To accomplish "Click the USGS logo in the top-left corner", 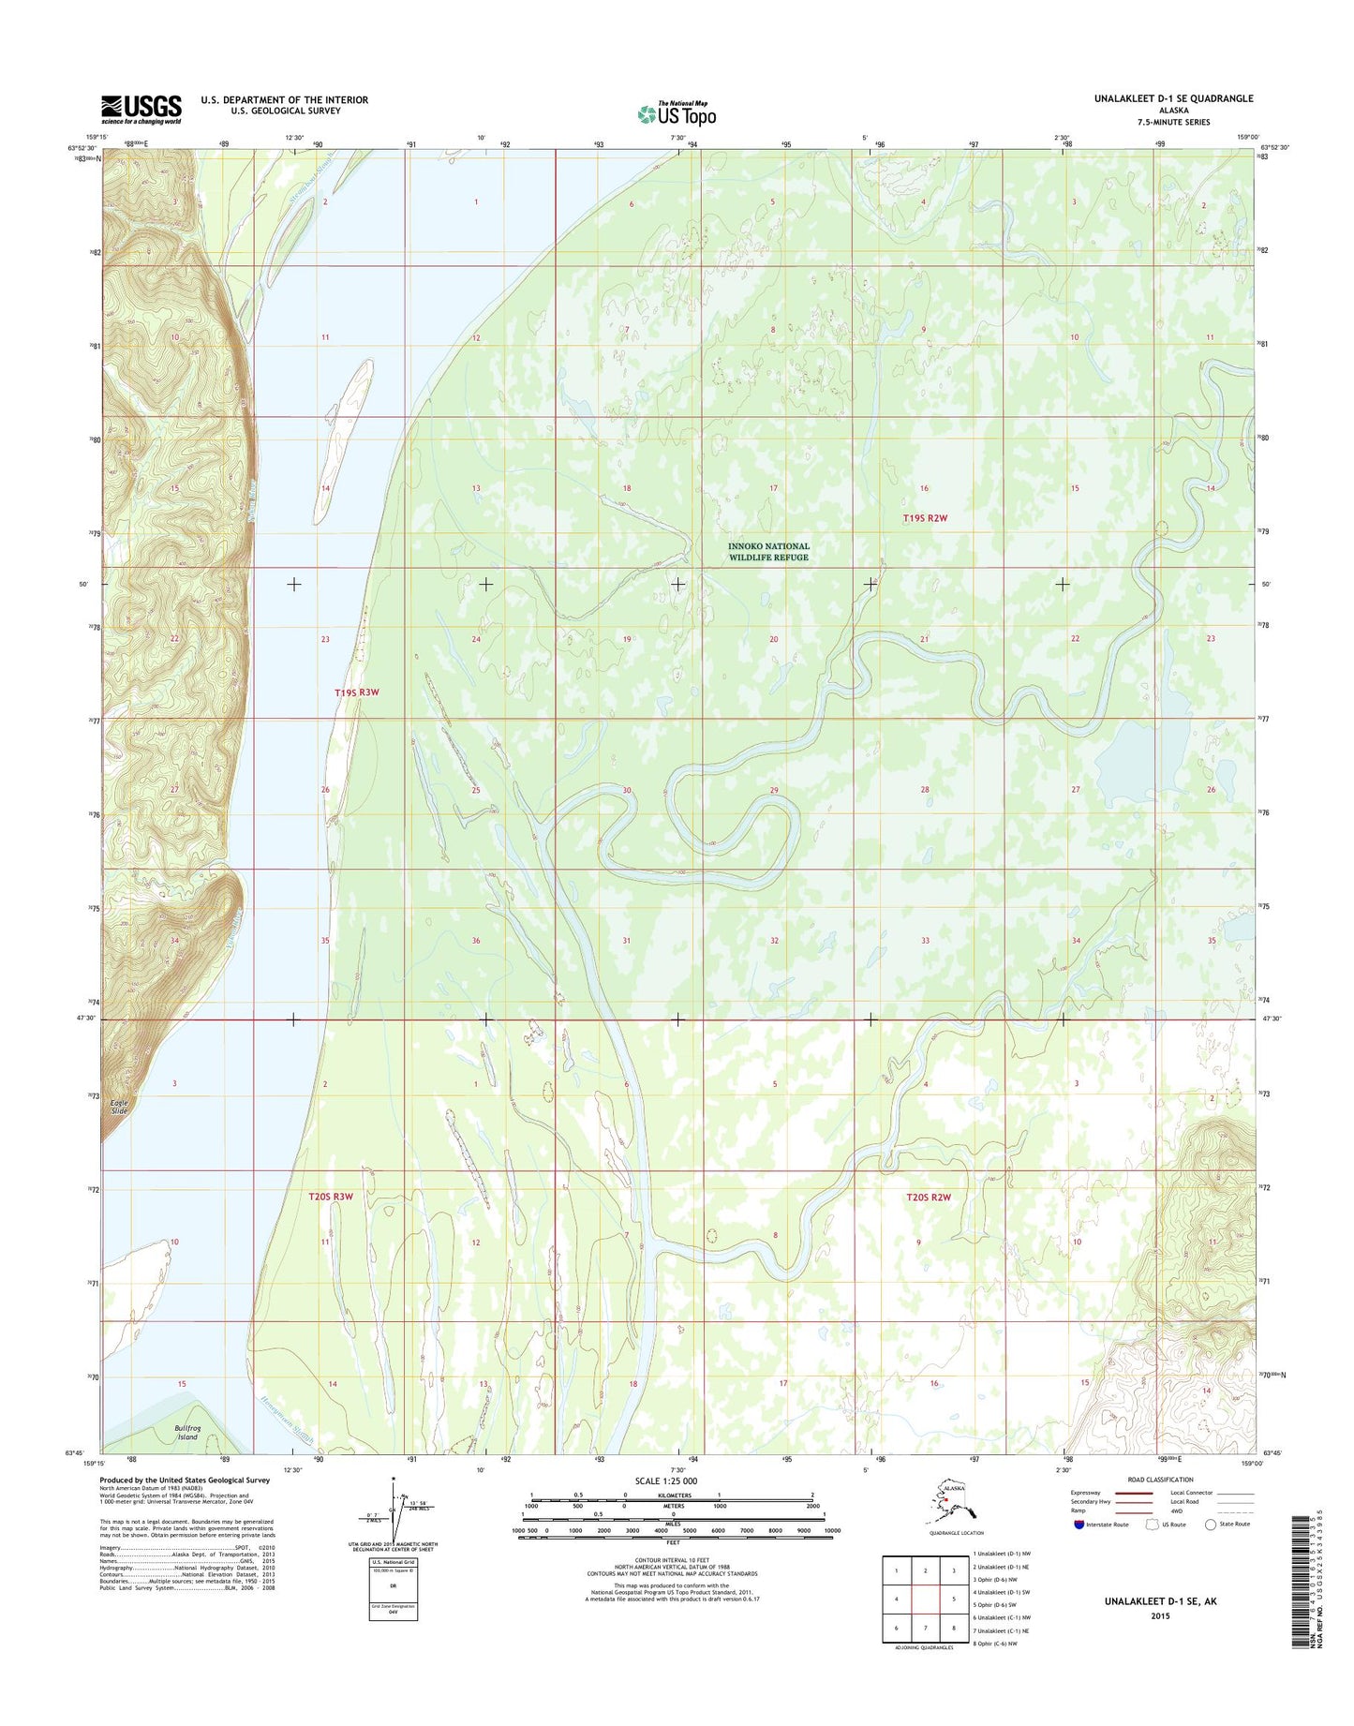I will tap(141, 109).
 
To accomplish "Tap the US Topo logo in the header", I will tap(677, 113).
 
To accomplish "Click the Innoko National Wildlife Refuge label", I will tap(768, 551).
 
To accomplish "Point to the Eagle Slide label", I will tap(118, 1107).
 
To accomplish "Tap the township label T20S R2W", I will tap(928, 1197).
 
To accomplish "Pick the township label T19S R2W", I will tap(925, 517).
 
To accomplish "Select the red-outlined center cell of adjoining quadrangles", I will tap(926, 1600).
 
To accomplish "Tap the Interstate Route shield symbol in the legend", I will tap(1080, 1525).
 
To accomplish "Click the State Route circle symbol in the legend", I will tap(1211, 1525).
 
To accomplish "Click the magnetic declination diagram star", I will tap(395, 1480).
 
